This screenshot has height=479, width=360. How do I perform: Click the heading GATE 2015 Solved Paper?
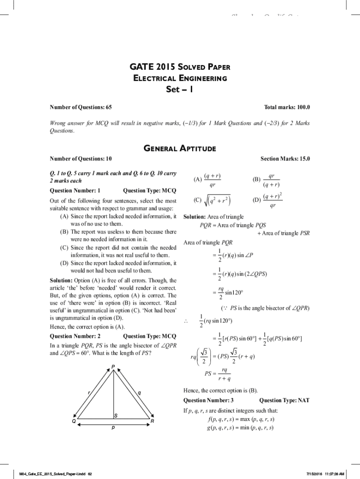180,67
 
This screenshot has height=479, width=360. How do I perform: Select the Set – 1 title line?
180,89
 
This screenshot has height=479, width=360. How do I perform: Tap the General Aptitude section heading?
180,149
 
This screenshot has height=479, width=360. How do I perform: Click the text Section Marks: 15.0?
285,159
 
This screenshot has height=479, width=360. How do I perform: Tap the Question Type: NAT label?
284,400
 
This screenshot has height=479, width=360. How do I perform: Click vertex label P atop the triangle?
113,365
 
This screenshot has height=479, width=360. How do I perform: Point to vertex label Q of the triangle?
73,421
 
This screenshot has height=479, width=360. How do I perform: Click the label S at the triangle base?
116,415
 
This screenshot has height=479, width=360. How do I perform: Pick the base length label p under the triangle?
113,428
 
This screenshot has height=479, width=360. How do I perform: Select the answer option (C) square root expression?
212,201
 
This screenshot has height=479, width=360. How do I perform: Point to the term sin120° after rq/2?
234,293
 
